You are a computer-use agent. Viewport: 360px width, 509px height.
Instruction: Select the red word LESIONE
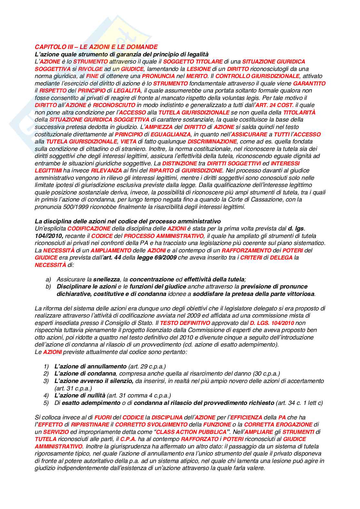click(198, 69)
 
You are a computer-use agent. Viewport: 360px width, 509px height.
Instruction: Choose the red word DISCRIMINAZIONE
click(212, 142)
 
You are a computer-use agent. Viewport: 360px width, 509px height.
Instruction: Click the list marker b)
click(48, 287)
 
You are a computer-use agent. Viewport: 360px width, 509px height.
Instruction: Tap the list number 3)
click(46, 381)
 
